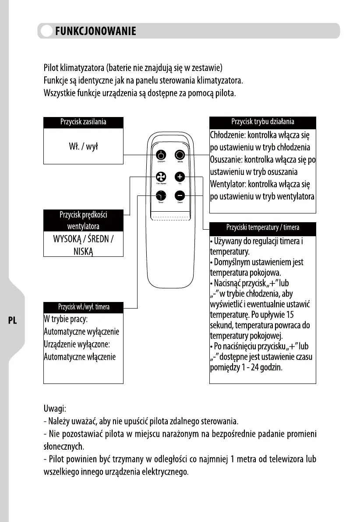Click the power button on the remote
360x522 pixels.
161,155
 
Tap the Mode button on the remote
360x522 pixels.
180,155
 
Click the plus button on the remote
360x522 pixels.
180,177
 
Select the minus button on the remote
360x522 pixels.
180,195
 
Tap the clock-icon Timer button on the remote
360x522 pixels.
161,195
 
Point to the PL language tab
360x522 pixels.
12,320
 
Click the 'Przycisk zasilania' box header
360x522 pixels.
83,122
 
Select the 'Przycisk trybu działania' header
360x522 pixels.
263,121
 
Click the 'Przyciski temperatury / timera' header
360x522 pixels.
263,227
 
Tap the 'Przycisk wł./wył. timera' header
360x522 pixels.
83,307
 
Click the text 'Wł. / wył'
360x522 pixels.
83,146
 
